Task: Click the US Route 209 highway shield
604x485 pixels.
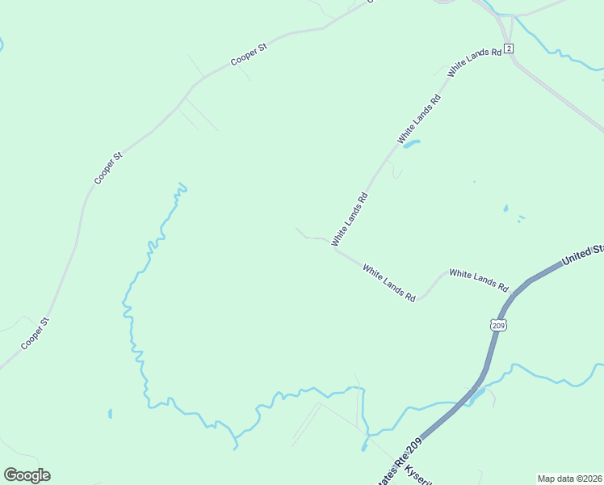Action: pyautogui.click(x=498, y=325)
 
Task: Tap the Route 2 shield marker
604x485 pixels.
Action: pyautogui.click(x=510, y=48)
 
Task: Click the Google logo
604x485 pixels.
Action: pyautogui.click(x=27, y=475)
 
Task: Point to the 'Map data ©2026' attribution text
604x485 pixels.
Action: pyautogui.click(x=569, y=479)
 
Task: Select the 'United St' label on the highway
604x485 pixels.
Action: pyautogui.click(x=581, y=255)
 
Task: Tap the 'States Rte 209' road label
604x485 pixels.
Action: pyautogui.click(x=399, y=466)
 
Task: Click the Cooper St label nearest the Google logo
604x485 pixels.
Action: pyautogui.click(x=36, y=333)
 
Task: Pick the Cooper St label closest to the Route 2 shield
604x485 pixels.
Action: pyautogui.click(x=248, y=55)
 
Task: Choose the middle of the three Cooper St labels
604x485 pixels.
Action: pyautogui.click(x=107, y=168)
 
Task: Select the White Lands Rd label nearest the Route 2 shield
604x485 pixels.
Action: pyautogui.click(x=475, y=62)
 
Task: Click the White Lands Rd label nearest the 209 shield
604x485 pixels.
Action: pyautogui.click(x=479, y=280)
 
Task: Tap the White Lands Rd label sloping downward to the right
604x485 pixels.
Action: pyautogui.click(x=388, y=283)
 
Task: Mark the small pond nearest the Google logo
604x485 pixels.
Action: pyautogui.click(x=110, y=414)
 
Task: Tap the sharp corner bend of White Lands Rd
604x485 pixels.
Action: pyautogui.click(x=335, y=247)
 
